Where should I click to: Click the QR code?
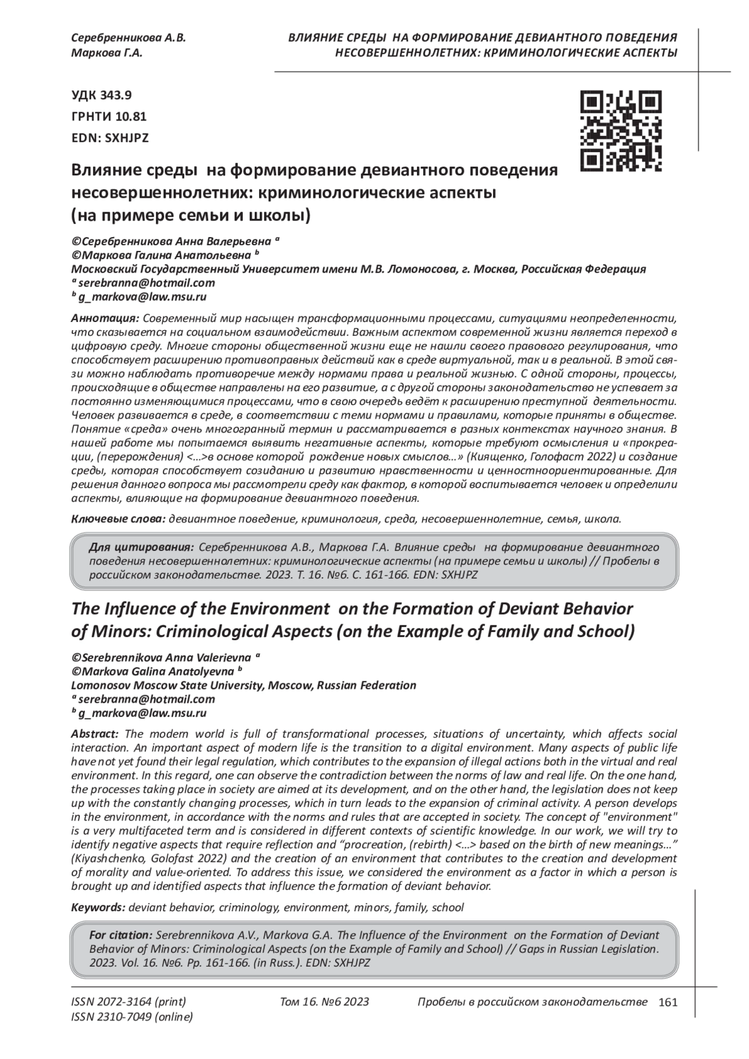pyautogui.click(x=620, y=131)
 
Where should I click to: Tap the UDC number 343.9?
pyautogui.click(x=115, y=95)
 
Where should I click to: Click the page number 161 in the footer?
pyautogui.click(x=667, y=1002)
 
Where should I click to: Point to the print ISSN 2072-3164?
pyautogui.click(x=129, y=1002)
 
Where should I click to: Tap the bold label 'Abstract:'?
pyautogui.click(x=95, y=734)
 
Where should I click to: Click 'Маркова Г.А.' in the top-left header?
pyautogui.click(x=107, y=53)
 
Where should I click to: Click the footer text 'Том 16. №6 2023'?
pyautogui.click(x=325, y=1002)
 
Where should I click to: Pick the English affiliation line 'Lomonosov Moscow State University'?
pyautogui.click(x=169, y=685)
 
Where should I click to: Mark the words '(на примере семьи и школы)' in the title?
pyautogui.click(x=190, y=216)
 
